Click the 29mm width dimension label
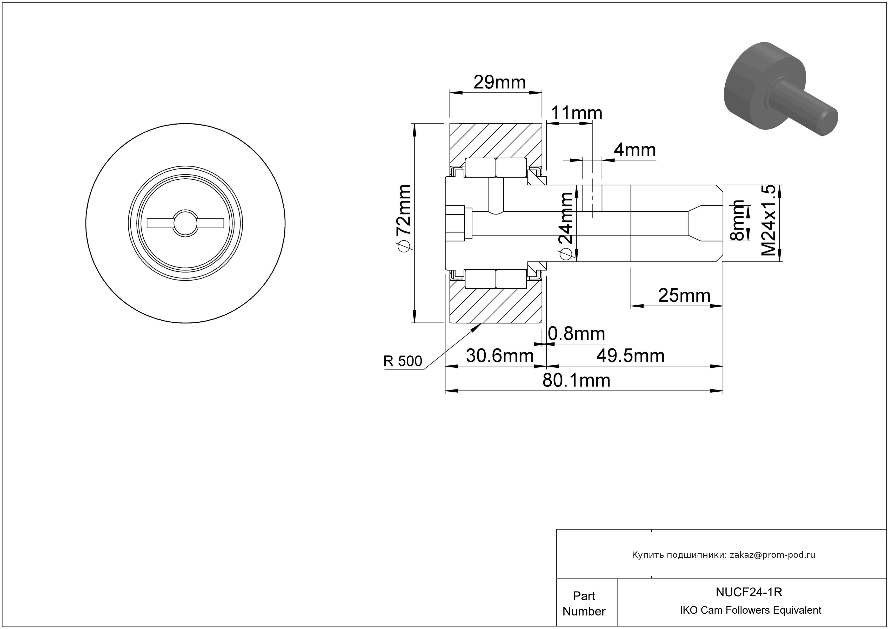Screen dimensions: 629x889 tap(499, 82)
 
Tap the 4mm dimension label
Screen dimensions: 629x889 tap(635, 150)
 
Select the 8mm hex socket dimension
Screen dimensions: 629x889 tap(737, 221)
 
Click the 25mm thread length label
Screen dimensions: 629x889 tap(684, 296)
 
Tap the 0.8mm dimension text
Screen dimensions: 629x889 tap(576, 334)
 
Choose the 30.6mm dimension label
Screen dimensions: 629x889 tap(499, 356)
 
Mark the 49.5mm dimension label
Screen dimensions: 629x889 tap(630, 356)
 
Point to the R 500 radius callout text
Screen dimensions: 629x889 tap(403, 361)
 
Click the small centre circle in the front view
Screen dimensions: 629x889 tap(185, 223)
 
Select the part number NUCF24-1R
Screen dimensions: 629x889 tap(749, 592)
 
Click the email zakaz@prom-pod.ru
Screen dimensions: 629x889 tap(772, 555)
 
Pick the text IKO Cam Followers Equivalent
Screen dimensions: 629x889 tap(750, 610)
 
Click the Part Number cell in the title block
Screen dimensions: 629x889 tap(584, 604)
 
